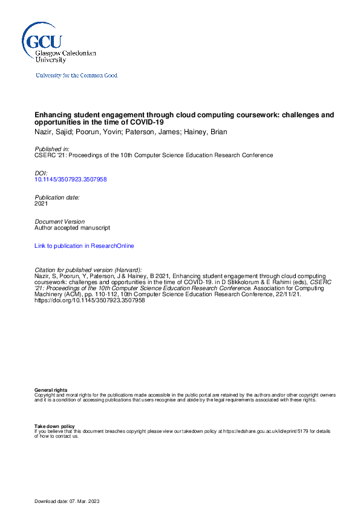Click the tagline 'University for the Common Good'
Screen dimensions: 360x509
tap(77, 76)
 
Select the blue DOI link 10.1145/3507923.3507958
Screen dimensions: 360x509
tap(71, 180)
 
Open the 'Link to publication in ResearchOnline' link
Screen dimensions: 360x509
tap(84, 246)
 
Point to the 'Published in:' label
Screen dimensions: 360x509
tap(51, 149)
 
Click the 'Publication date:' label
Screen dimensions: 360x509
tap(57, 197)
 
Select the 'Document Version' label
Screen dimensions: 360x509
tap(59, 222)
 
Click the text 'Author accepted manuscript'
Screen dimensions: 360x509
tap(72, 228)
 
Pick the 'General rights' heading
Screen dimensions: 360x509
tap(51, 390)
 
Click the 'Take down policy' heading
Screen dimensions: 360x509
tap(54, 426)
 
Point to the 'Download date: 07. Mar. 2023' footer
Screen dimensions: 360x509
tap(71, 501)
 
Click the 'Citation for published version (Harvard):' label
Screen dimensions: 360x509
tap(88, 270)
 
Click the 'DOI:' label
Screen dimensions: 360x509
tap(41, 173)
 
